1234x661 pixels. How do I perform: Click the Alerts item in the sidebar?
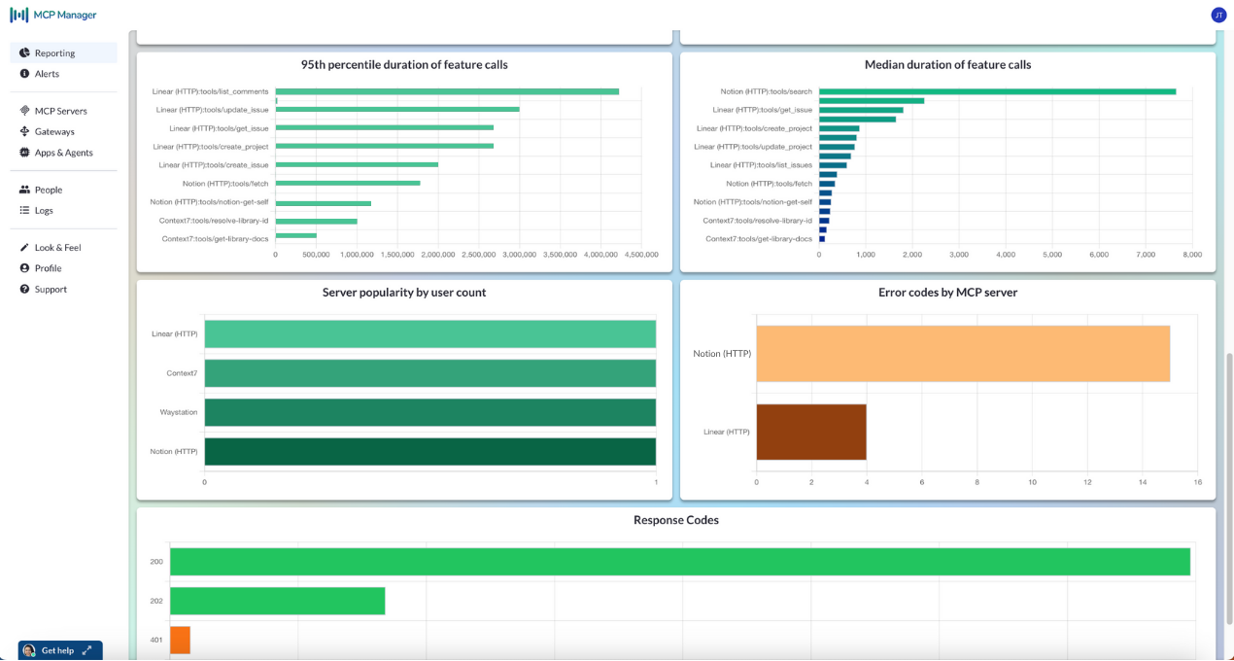(47, 73)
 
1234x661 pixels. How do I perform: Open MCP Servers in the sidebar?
(60, 111)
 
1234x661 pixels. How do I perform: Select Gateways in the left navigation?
(54, 131)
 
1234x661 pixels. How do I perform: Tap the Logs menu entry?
(44, 210)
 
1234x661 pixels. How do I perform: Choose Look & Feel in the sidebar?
(57, 248)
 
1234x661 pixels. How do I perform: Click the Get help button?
(60, 650)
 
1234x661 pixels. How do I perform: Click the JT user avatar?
(1218, 15)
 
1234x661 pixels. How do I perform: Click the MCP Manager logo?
(52, 15)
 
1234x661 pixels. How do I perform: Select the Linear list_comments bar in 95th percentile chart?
(447, 91)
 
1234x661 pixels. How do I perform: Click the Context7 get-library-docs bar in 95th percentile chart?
(296, 236)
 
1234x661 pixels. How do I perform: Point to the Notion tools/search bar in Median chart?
(998, 91)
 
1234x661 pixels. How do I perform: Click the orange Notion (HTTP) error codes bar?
(963, 354)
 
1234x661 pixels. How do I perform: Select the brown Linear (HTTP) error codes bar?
(811, 432)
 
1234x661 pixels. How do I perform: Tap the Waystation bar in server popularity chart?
(430, 412)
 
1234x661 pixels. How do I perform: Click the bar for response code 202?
(278, 601)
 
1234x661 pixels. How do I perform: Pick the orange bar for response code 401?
(180, 640)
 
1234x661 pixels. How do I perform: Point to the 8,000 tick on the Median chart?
(1192, 255)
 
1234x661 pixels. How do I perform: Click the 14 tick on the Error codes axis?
(1143, 482)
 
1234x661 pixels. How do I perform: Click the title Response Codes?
(676, 520)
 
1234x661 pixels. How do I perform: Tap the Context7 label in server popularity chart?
(182, 373)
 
